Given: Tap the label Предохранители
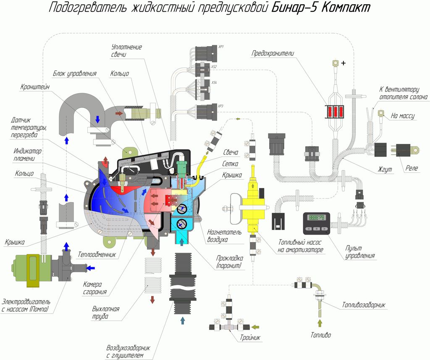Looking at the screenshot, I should pos(273,53).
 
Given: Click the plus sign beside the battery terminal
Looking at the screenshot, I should pos(343,63).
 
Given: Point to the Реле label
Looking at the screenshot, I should pos(412,168).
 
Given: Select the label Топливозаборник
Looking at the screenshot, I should pos(363,305).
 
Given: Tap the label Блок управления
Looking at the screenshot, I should pos(74,73).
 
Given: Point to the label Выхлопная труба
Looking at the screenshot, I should pos(105,313).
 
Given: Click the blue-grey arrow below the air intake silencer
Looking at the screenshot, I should pos(182,321).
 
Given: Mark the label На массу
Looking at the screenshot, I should pos(402,116).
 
